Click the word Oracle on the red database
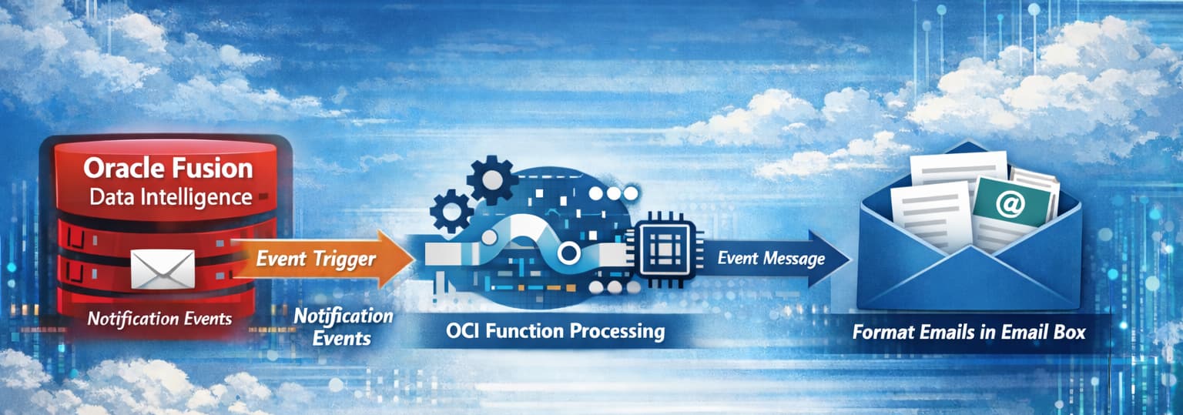click(x=118, y=169)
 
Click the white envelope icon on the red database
click(x=163, y=269)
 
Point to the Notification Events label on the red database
click(x=159, y=318)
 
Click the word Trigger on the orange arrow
click(x=344, y=259)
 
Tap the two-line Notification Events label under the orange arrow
click(x=343, y=326)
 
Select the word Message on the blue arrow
click(x=794, y=259)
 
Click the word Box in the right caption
click(x=1069, y=333)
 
